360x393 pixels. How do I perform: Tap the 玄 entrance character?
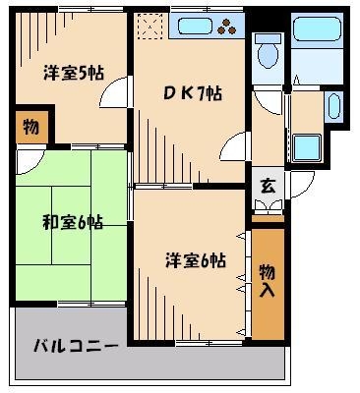pyautogui.click(x=266, y=185)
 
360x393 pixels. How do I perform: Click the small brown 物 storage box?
pyautogui.click(x=30, y=126)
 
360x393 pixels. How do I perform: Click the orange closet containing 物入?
pyautogui.click(x=268, y=280)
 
